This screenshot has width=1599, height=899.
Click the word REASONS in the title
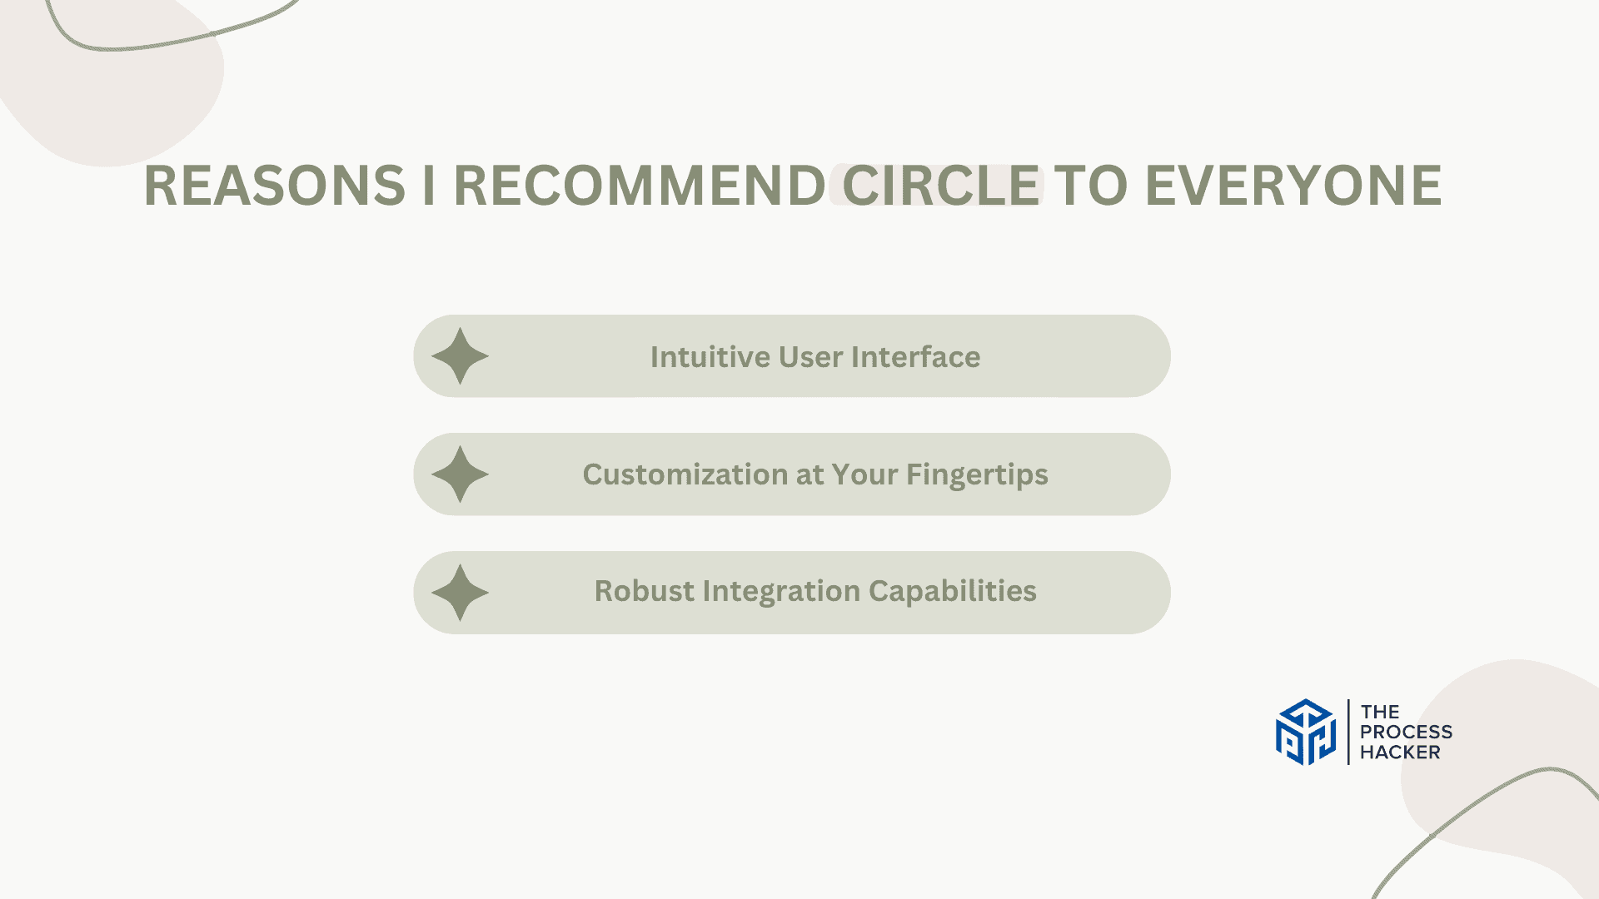275,185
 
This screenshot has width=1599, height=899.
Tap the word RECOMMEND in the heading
639,185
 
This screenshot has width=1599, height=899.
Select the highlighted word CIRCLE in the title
941,185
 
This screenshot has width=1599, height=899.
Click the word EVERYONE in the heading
1293,185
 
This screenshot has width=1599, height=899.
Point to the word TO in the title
1093,185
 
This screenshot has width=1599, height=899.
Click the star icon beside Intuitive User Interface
460,356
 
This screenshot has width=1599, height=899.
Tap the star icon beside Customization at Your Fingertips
460,474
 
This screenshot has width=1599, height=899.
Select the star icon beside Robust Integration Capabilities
460,593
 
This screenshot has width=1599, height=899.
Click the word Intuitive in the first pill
710,357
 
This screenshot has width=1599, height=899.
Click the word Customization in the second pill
685,474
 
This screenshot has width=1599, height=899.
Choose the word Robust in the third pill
644,591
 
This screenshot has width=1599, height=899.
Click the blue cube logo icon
1306,732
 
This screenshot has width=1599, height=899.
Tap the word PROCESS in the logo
1406,733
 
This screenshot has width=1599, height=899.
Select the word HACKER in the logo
1400,752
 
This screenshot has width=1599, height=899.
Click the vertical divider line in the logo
1348,732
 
